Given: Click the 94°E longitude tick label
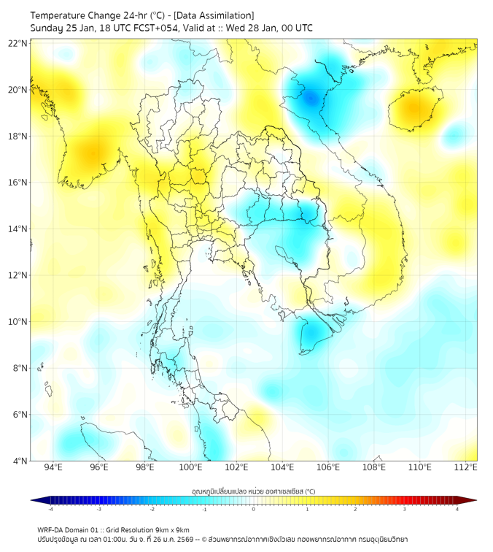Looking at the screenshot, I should pyautogui.click(x=53, y=467).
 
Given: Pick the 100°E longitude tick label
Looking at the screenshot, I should pyautogui.click(x=191, y=467).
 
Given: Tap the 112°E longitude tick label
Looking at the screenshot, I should pyautogui.click(x=466, y=467).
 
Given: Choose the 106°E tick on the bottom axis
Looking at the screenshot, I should pyautogui.click(x=328, y=467).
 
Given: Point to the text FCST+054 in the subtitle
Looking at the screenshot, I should pyautogui.click(x=153, y=28).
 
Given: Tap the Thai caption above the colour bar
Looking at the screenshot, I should pyautogui.click(x=253, y=491).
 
